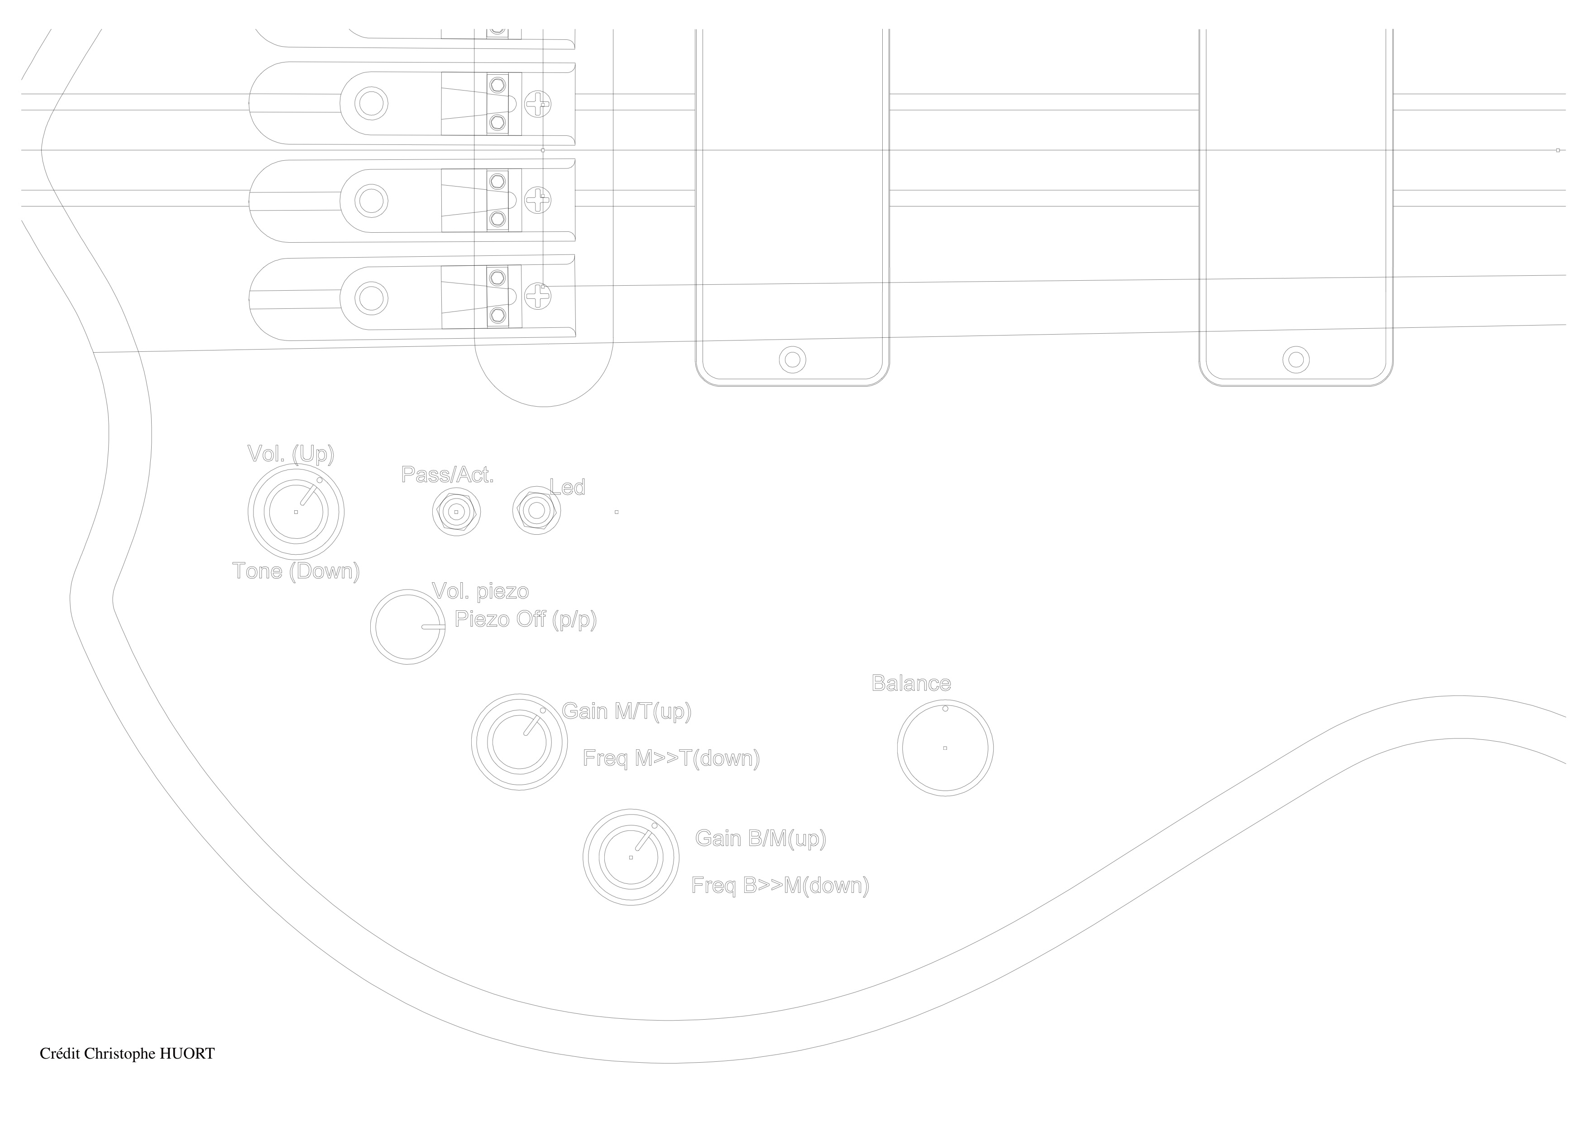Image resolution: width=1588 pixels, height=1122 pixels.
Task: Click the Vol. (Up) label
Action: point(291,455)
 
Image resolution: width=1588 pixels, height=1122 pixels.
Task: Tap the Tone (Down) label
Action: point(296,571)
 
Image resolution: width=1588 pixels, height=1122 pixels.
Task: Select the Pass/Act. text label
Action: point(448,475)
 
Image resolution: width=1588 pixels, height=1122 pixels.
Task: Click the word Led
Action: point(567,488)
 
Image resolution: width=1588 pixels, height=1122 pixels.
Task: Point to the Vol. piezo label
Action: point(480,591)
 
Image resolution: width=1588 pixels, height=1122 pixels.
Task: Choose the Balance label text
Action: point(911,683)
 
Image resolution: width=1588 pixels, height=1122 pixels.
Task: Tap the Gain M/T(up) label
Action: point(627,711)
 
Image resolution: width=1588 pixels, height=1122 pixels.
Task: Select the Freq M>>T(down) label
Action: point(671,758)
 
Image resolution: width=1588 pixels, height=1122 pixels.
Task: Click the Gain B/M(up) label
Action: point(760,839)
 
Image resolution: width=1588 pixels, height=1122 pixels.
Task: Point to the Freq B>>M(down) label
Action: point(780,886)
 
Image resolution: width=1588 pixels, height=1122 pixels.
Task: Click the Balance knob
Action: point(945,748)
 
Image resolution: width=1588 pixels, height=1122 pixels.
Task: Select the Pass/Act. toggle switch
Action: point(456,512)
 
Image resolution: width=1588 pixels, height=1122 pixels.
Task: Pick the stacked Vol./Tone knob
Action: point(296,512)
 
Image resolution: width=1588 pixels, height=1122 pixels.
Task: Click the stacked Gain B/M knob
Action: point(630,857)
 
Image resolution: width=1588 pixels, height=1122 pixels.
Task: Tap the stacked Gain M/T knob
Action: point(519,742)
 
